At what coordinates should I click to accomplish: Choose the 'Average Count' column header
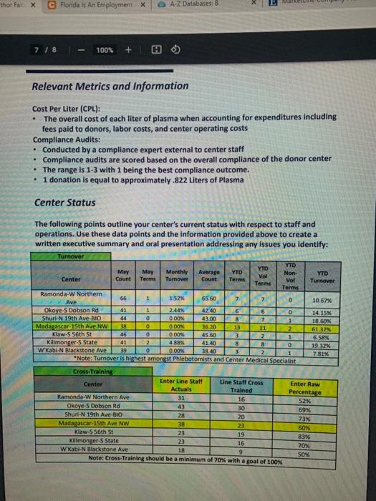[209, 278]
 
